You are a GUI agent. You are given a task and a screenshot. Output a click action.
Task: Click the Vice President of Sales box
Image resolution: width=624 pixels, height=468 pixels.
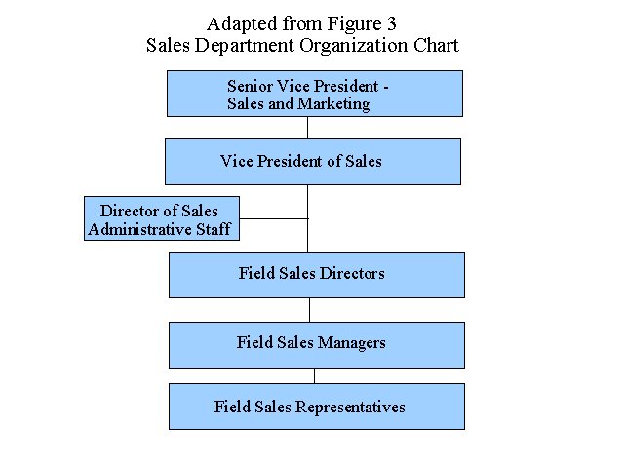[x=313, y=162]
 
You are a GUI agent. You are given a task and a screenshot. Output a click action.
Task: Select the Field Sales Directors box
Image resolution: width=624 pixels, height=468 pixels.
[x=317, y=275]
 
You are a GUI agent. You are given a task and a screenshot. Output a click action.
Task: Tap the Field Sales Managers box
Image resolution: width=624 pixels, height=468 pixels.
[x=317, y=345]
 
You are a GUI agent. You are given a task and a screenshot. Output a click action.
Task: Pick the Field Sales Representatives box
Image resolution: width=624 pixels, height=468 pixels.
[x=317, y=407]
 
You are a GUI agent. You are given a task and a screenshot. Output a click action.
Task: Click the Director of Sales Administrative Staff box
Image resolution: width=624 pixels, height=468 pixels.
[x=162, y=218]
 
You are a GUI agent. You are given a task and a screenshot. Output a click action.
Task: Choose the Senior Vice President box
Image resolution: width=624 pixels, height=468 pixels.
[x=315, y=94]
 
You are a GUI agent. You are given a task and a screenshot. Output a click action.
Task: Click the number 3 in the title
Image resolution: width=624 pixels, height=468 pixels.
[x=392, y=23]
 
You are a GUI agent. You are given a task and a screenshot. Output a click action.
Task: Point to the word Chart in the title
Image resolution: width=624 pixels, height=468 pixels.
[x=436, y=45]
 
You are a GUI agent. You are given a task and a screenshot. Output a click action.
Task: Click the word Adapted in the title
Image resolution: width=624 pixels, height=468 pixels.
[x=242, y=24]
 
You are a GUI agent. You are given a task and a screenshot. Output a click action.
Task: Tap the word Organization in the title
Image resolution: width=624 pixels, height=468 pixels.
[x=354, y=46]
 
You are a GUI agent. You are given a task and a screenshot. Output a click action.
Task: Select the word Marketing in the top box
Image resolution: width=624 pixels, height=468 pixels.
[x=333, y=104]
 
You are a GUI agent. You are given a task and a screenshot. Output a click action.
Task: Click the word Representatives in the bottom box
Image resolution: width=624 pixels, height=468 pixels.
[x=350, y=408]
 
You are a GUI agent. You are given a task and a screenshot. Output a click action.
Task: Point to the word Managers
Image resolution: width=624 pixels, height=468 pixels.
[x=351, y=343]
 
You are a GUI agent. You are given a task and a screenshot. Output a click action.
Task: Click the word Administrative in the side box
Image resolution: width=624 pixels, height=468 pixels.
[x=139, y=229]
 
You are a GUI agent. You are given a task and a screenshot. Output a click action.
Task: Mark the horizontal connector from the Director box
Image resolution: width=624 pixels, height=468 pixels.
[x=274, y=218]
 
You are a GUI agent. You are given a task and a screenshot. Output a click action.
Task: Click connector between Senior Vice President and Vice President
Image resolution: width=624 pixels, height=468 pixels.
[x=307, y=128]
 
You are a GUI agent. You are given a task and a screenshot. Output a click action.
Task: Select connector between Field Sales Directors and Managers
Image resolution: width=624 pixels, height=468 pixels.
[x=310, y=310]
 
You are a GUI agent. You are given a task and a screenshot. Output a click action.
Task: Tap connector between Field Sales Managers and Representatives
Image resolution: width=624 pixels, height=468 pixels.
[x=314, y=375]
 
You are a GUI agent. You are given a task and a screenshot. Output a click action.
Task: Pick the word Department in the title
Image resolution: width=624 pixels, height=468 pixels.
[x=245, y=46]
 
